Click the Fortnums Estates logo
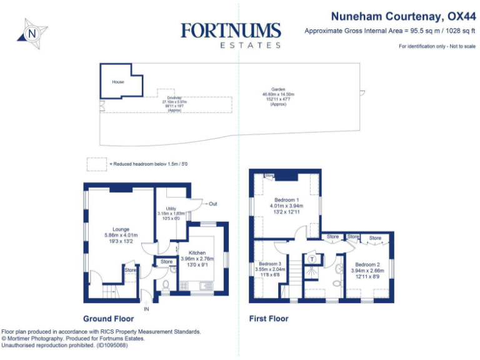pos(231,35)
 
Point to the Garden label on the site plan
pos(278,97)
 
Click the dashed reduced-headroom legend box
pos(97,164)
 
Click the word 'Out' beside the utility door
pos(212,204)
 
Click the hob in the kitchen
pos(185,286)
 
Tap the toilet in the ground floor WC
pos(166,285)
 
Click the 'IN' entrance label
pos(147,309)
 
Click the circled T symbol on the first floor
pos(311,258)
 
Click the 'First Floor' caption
pos(269,319)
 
